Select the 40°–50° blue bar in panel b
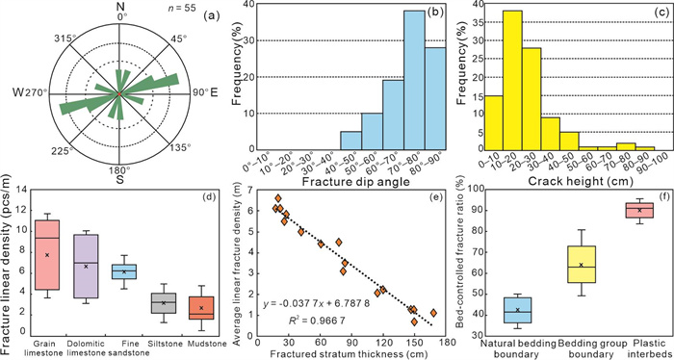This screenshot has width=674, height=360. [350, 141]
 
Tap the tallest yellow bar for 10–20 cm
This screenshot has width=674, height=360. [512, 80]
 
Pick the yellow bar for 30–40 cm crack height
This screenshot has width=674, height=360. [550, 134]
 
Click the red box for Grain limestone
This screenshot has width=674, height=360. [47, 254]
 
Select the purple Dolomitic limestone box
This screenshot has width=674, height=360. [86, 266]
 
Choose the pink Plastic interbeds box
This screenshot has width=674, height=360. [638, 210]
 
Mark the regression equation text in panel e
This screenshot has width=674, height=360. [317, 304]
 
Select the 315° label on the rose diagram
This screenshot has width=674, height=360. [61, 39]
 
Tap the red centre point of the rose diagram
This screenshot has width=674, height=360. [119, 93]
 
